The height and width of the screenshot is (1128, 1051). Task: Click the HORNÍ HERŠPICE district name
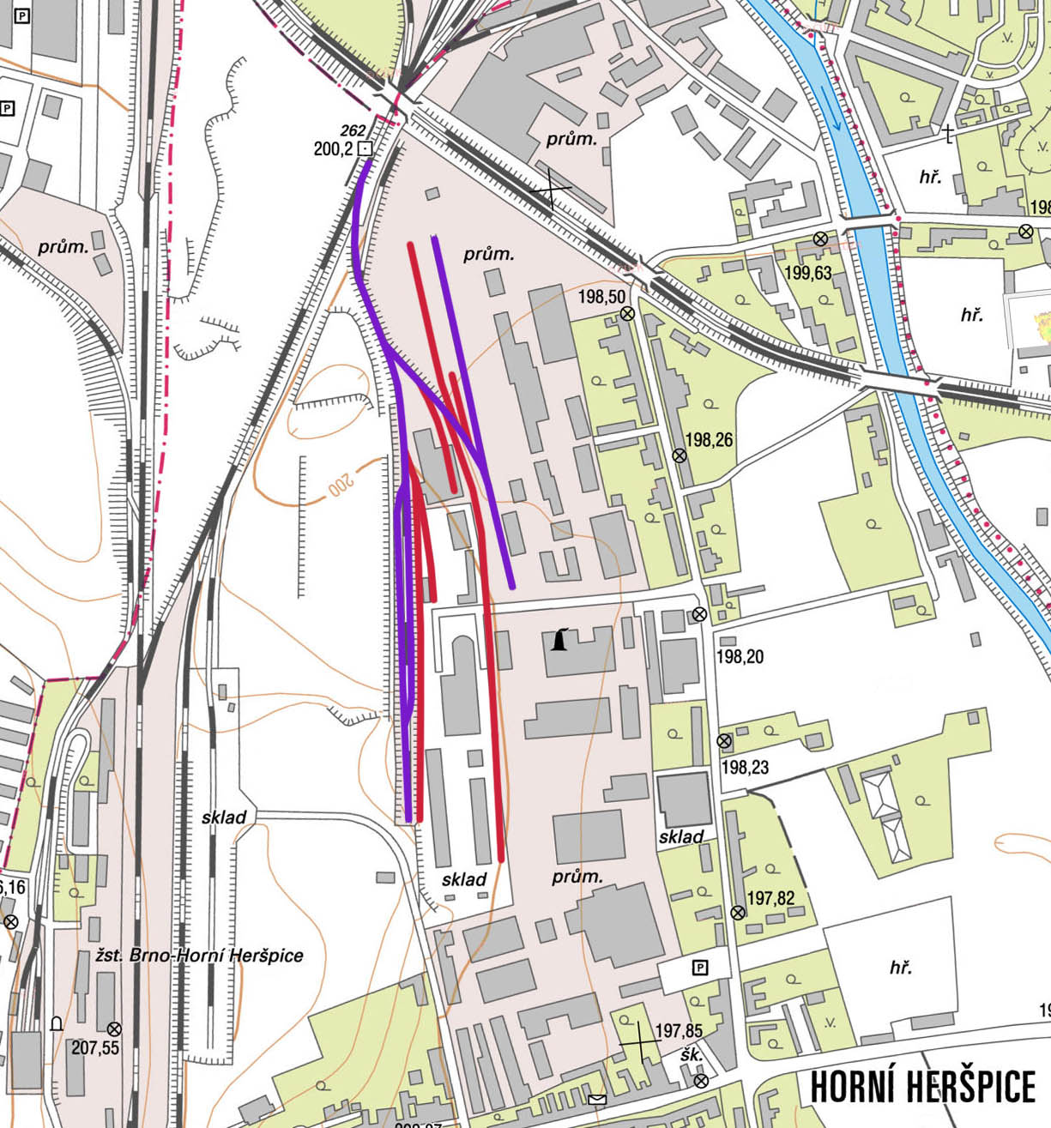pyautogui.click(x=922, y=1087)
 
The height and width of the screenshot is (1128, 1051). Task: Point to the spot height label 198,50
pyautogui.click(x=601, y=297)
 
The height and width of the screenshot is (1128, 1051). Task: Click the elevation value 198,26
pyautogui.click(x=709, y=440)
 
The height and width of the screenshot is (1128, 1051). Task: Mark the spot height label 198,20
pyautogui.click(x=739, y=657)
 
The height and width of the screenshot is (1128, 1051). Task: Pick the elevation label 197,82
pyautogui.click(x=770, y=898)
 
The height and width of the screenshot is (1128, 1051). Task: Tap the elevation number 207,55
pyautogui.click(x=95, y=1047)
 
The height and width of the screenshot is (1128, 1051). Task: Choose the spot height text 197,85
pyautogui.click(x=678, y=1030)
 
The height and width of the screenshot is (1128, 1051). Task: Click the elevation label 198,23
pyautogui.click(x=745, y=767)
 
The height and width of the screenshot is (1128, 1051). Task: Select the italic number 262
pyautogui.click(x=353, y=130)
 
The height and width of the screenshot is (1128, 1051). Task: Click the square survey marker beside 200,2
pyautogui.click(x=365, y=149)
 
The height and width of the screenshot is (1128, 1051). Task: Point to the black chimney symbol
pyautogui.click(x=560, y=640)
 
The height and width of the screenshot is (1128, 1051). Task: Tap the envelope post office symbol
pyautogui.click(x=597, y=1100)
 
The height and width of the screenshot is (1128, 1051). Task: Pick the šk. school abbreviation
pyautogui.click(x=691, y=1055)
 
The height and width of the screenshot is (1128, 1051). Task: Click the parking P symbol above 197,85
pyautogui.click(x=700, y=968)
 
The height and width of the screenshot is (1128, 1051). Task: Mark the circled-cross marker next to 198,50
pyautogui.click(x=627, y=314)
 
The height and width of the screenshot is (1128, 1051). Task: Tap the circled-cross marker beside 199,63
pyautogui.click(x=820, y=238)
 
